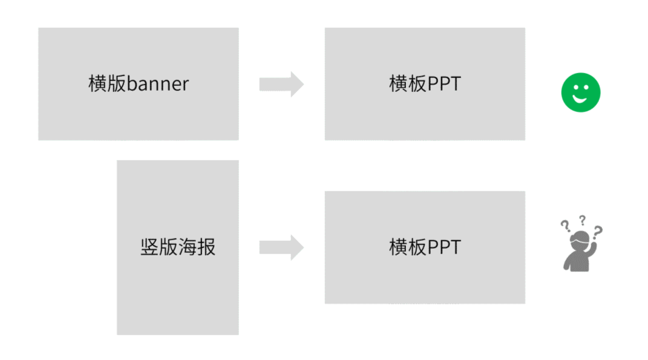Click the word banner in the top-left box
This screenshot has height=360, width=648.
pos(158,84)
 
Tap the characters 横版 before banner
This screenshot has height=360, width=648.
pos(107,83)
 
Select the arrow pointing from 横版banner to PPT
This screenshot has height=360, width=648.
pos(281,84)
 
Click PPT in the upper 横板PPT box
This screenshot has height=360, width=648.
pos(444,84)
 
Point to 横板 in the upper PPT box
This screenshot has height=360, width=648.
pos(407,83)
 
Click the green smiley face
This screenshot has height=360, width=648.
pos(581,93)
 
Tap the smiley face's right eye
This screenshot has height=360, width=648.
pos(586,87)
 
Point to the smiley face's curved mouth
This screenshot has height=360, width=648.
pos(580,99)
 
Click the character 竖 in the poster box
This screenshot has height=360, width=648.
pos(149,247)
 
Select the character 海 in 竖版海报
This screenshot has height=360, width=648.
pos(187,247)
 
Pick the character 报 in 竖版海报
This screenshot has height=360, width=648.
pos(206,247)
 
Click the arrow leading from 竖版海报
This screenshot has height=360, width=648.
pos(281,247)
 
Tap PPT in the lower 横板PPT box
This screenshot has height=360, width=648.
pos(444,247)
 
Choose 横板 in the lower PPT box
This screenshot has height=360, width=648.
pos(407,247)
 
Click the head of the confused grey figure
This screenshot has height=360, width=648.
pos(580,240)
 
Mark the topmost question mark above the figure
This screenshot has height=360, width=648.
pos(582,220)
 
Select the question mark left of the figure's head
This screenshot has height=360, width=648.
pos(565,226)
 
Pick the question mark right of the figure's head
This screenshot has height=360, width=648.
pos(598,232)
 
